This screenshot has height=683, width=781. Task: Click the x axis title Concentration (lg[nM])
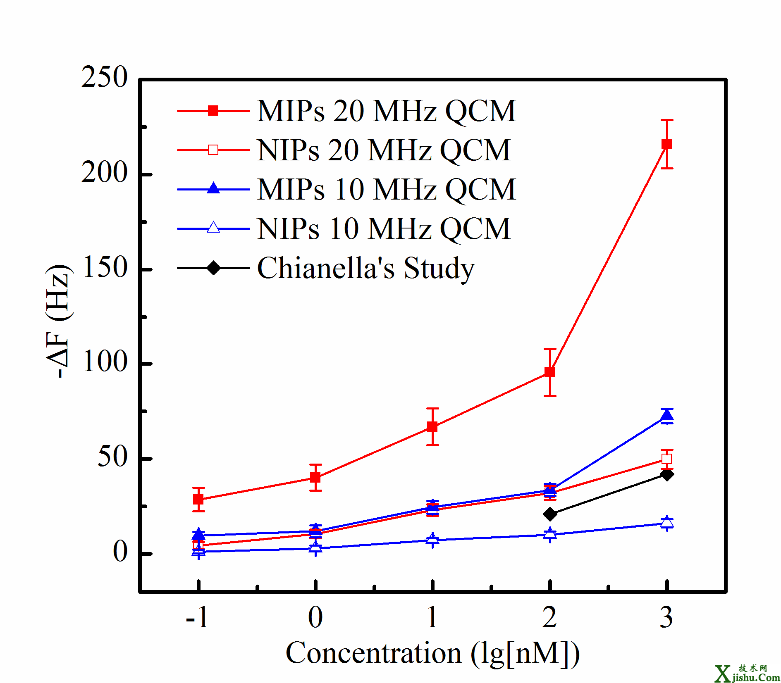pos(432,653)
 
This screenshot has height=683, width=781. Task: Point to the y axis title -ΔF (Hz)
pos(57,321)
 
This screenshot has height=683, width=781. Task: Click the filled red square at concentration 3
pos(666,144)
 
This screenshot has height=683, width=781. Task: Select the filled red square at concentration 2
pos(549,372)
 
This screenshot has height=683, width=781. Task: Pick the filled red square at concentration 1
pos(432,426)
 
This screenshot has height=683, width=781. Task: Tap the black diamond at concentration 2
pos(550,514)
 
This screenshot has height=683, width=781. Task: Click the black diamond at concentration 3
pos(666,474)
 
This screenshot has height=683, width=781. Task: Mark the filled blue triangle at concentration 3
pos(666,416)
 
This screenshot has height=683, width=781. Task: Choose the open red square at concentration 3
pos(666,459)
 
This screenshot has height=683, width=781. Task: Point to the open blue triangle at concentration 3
pos(666,523)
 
